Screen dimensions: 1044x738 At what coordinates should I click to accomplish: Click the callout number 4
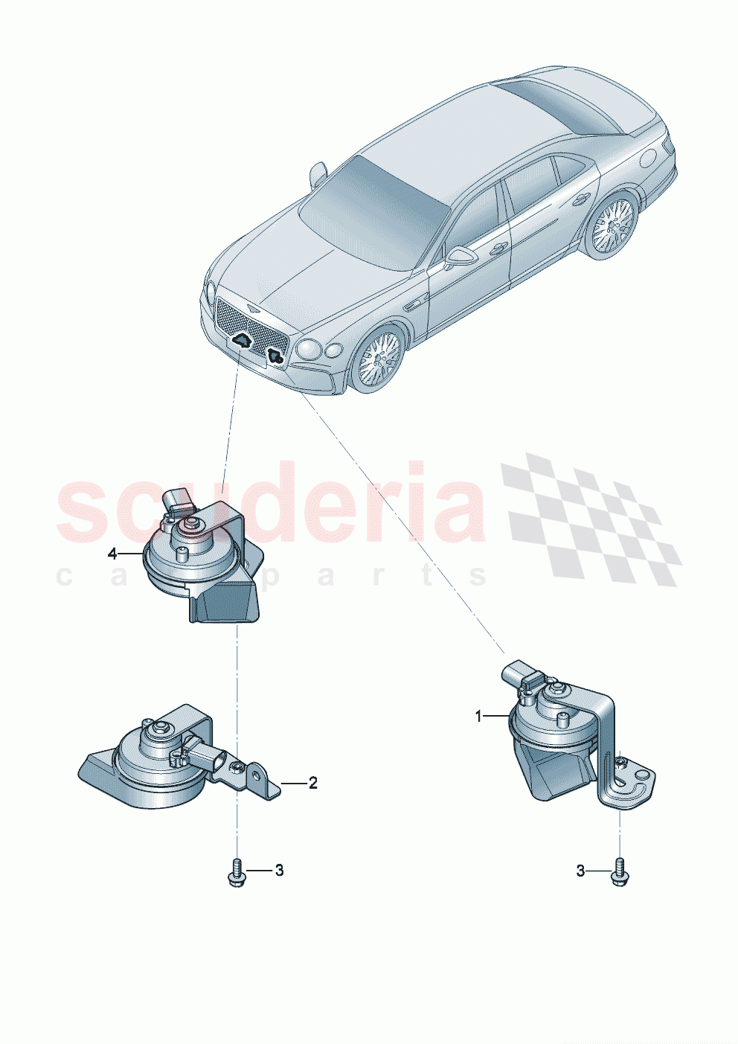[x=112, y=554]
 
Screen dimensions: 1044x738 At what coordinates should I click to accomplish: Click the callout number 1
[x=480, y=717]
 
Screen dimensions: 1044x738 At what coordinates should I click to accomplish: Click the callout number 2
[x=313, y=783]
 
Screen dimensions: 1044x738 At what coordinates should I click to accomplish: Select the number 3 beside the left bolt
[x=279, y=870]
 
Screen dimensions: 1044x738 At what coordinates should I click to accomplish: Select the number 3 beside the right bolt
[x=580, y=871]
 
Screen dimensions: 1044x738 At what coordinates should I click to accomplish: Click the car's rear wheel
[x=612, y=225]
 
